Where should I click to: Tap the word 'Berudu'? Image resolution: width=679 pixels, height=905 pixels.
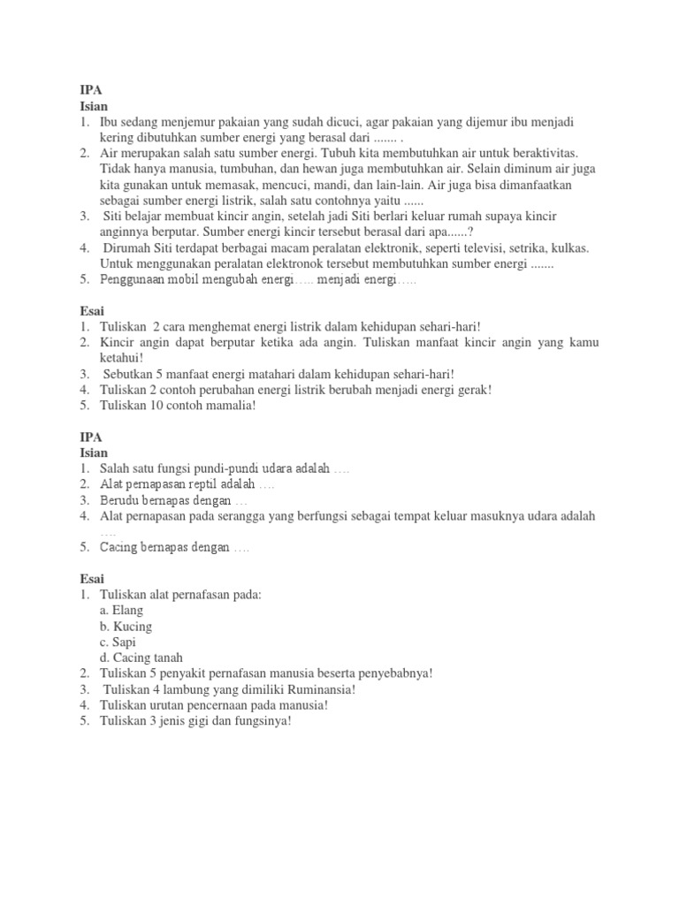[119, 500]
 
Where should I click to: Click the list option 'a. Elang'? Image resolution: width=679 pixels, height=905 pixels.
[121, 611]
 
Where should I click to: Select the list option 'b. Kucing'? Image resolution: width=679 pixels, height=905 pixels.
[126, 627]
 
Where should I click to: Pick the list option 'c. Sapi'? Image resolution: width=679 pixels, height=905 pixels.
[118, 643]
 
